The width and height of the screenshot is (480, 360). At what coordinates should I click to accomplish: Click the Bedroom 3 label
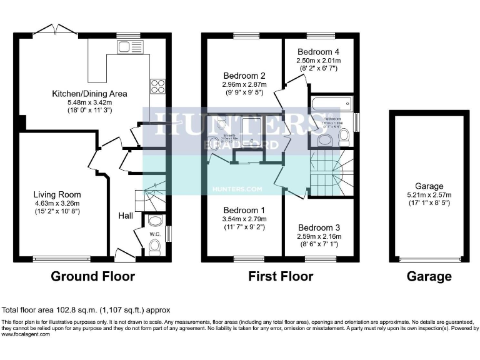point(319,227)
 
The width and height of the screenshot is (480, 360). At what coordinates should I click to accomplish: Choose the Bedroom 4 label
point(318,51)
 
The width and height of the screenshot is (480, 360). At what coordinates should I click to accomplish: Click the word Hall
point(125,216)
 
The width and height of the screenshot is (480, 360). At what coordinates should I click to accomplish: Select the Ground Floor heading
point(92,276)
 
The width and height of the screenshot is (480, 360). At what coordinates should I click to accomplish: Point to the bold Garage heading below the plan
point(429,276)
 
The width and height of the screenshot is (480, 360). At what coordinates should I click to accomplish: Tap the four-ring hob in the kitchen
point(156,86)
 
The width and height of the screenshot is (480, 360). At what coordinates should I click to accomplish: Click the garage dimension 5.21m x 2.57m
point(429,195)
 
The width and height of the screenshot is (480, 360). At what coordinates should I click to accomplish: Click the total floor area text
point(86,309)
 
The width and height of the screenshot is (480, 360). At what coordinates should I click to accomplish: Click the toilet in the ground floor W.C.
point(154,248)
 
